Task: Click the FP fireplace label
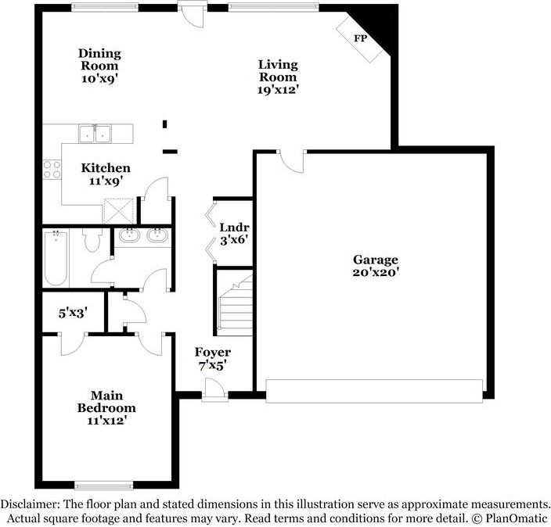pyautogui.click(x=361, y=38)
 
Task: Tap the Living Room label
pyautogui.click(x=278, y=77)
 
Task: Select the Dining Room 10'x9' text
pyautogui.click(x=99, y=66)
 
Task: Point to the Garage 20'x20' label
pyautogui.click(x=375, y=266)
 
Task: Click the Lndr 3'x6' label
pyautogui.click(x=233, y=234)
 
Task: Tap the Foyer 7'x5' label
pyautogui.click(x=213, y=358)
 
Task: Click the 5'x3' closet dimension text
pyautogui.click(x=72, y=313)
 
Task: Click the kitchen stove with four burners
pyautogui.click(x=52, y=170)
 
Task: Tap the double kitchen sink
pyautogui.click(x=95, y=134)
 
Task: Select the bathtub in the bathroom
pyautogui.click(x=56, y=257)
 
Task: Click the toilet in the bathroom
pyautogui.click(x=92, y=242)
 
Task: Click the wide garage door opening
pyautogui.click(x=374, y=389)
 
